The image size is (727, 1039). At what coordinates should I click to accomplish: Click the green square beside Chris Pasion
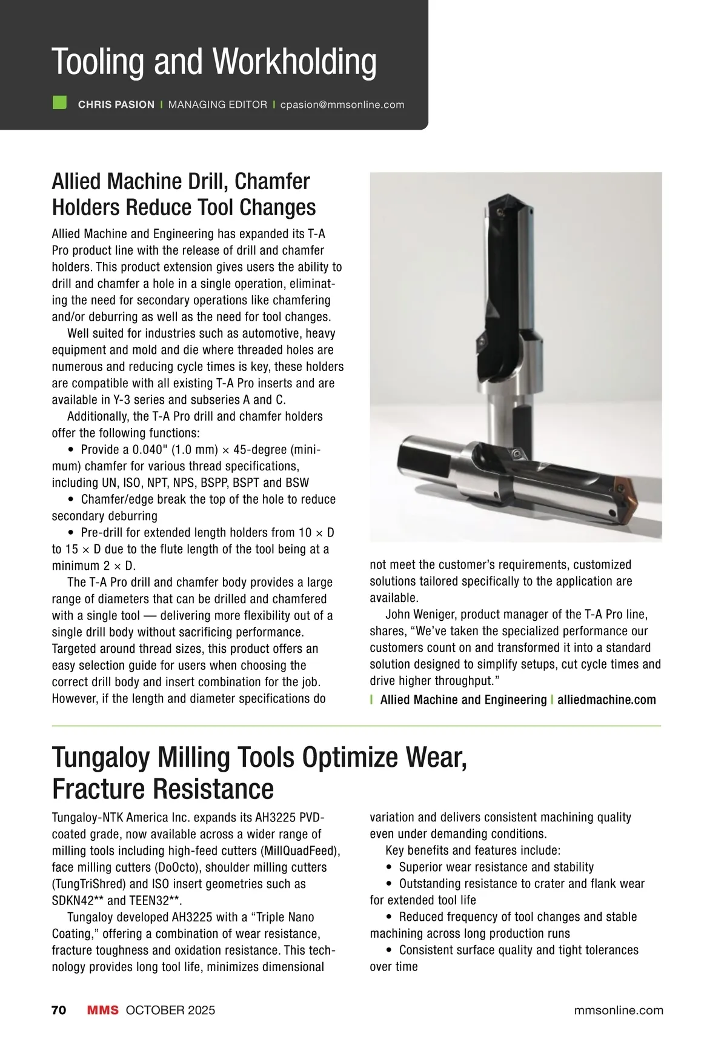(x=59, y=102)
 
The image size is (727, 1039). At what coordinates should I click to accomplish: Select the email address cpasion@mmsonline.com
(x=342, y=105)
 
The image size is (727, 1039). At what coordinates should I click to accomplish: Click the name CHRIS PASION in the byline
(x=116, y=105)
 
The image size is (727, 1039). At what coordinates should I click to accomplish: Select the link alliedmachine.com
(x=606, y=700)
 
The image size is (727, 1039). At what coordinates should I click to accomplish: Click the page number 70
(x=59, y=1011)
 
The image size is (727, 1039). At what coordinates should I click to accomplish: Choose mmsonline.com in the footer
(x=618, y=1011)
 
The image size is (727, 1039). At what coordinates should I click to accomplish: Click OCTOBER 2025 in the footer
(x=170, y=1011)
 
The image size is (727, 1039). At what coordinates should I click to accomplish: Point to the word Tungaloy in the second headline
(x=101, y=758)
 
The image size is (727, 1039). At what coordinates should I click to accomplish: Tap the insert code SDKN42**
(x=77, y=901)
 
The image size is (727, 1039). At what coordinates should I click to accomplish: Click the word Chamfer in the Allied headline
(x=272, y=182)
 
